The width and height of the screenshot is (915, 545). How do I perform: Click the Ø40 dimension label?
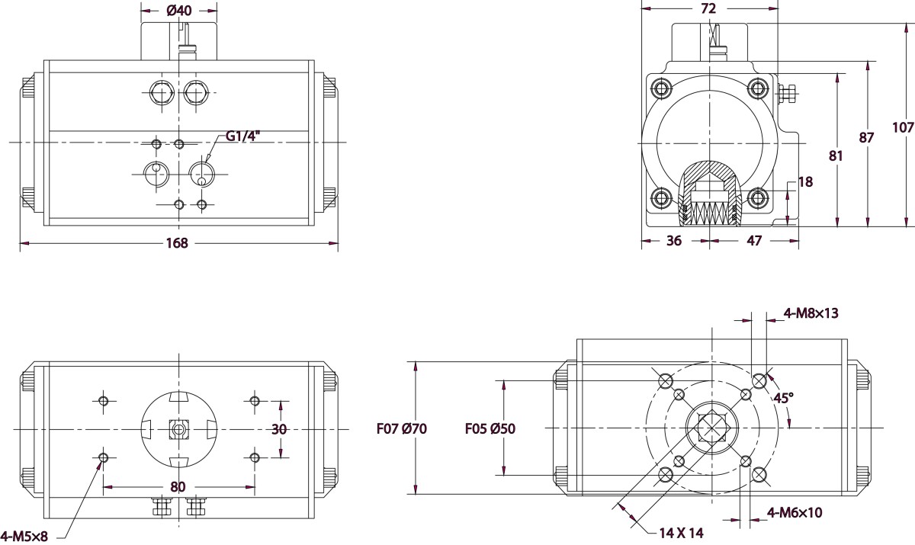pyautogui.click(x=179, y=11)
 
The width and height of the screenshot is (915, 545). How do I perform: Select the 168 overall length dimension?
pyautogui.click(x=178, y=243)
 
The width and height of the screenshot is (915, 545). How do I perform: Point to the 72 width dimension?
pyautogui.click(x=708, y=9)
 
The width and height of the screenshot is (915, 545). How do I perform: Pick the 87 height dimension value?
pyautogui.click(x=867, y=137)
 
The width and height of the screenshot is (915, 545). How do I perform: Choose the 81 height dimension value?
pyautogui.click(x=836, y=155)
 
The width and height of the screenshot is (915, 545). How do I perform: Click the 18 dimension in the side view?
pyautogui.click(x=805, y=181)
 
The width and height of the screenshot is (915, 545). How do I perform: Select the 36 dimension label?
pyautogui.click(x=674, y=240)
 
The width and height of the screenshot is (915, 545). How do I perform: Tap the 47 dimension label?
pyautogui.click(x=753, y=240)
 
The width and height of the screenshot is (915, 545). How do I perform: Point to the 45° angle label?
pyautogui.click(x=784, y=398)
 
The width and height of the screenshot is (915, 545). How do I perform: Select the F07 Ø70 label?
pyautogui.click(x=401, y=429)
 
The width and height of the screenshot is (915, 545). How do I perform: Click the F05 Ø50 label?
pyautogui.click(x=490, y=429)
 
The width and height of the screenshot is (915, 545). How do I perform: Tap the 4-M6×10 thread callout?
pyautogui.click(x=795, y=512)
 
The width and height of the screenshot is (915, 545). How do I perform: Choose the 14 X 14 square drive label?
pyautogui.click(x=682, y=532)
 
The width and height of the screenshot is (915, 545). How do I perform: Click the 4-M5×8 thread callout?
pyautogui.click(x=24, y=536)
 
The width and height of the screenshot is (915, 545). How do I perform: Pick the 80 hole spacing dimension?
pyautogui.click(x=178, y=486)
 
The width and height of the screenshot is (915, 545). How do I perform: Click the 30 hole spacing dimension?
pyautogui.click(x=279, y=429)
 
